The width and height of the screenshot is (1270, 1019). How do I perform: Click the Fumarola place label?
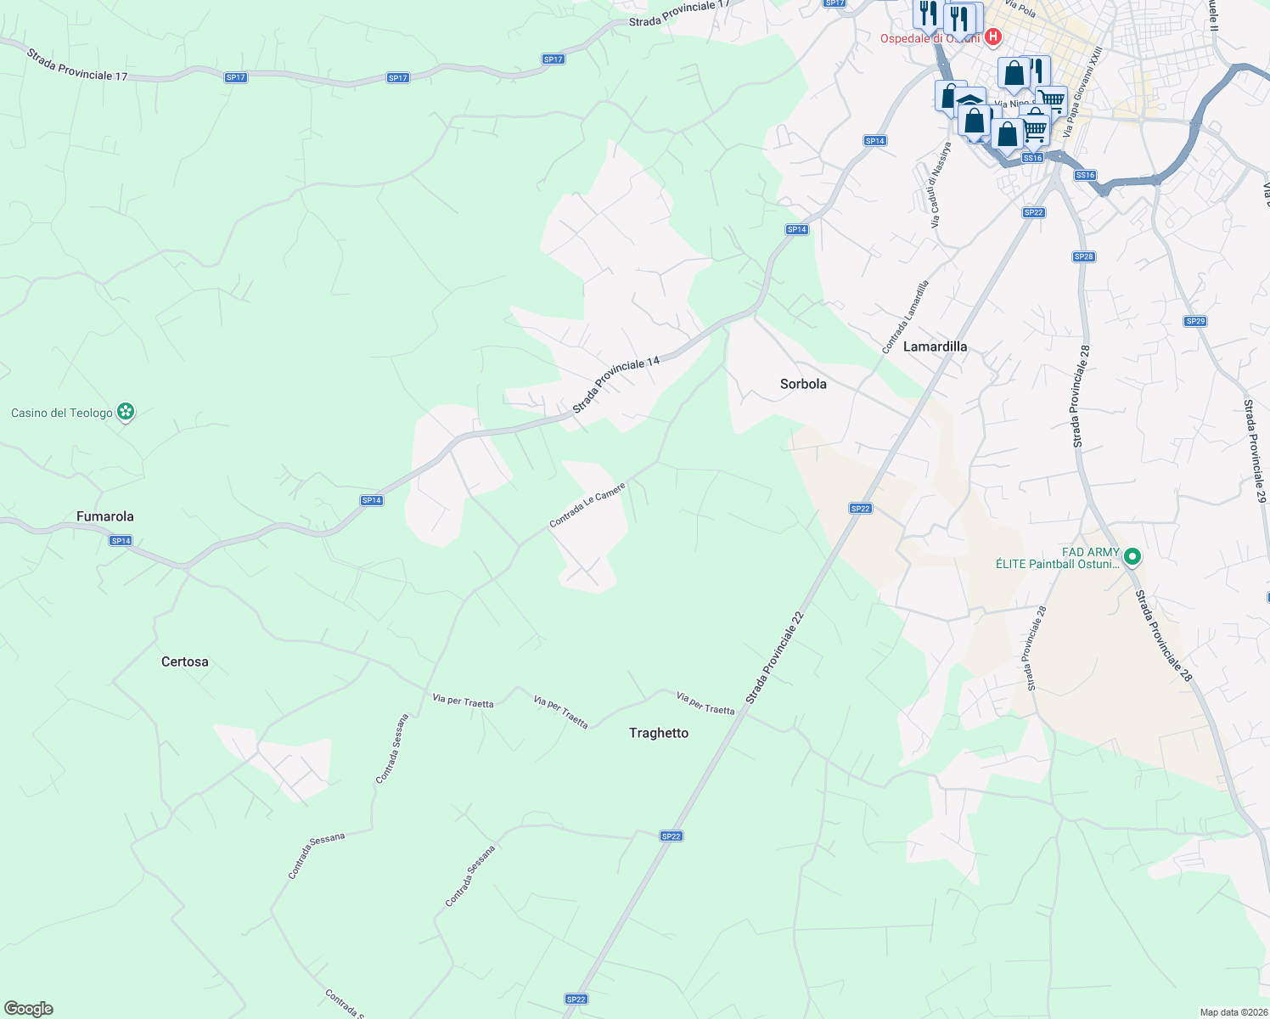(x=105, y=516)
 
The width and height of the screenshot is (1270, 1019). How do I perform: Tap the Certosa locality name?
(x=184, y=662)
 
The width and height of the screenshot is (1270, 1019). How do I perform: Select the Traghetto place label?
(x=659, y=733)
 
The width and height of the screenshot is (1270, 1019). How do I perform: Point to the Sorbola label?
(x=803, y=384)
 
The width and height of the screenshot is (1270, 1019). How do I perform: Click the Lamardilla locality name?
(x=935, y=346)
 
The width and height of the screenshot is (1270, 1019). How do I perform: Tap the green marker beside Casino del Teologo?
(x=126, y=413)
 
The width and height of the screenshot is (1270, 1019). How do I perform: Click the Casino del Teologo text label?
(x=62, y=414)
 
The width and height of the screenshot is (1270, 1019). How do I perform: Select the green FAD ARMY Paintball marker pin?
(x=1132, y=557)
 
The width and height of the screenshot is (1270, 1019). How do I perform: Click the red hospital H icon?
(x=992, y=37)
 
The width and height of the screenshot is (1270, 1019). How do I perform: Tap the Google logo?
(x=28, y=1009)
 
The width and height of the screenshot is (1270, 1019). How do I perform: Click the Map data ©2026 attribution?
(x=1233, y=1012)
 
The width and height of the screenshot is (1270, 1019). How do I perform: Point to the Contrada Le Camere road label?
(x=587, y=505)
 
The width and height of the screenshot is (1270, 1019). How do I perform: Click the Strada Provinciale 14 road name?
(x=615, y=386)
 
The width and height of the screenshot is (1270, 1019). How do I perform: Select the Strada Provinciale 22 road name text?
(x=774, y=658)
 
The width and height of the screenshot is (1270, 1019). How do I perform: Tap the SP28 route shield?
(x=1083, y=256)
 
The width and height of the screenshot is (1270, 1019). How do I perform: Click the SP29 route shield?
(x=1195, y=321)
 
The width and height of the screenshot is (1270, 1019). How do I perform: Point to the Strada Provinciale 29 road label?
(x=1255, y=450)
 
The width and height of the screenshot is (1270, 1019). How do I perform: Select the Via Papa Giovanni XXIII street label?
(x=1082, y=93)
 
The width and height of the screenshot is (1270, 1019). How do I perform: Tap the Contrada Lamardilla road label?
(x=905, y=318)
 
